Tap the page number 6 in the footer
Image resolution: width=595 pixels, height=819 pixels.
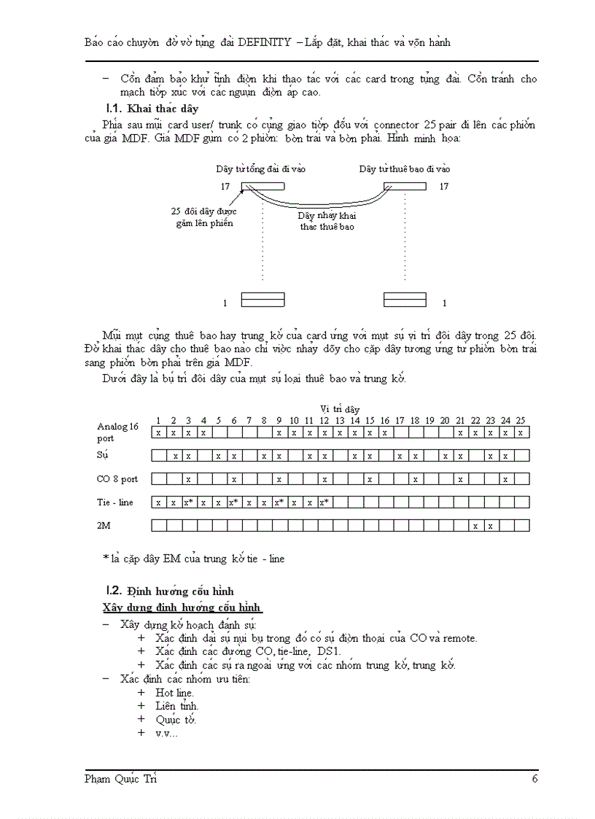tap(535, 779)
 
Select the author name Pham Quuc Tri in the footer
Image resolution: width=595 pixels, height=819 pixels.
tap(120, 779)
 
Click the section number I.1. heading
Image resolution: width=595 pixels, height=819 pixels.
tap(114, 109)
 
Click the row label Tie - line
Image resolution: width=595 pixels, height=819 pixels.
tap(115, 502)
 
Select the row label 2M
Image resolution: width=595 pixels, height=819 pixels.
tap(104, 525)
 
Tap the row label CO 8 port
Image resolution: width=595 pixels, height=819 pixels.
tap(117, 479)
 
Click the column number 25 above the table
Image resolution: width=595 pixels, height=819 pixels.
tap(521, 421)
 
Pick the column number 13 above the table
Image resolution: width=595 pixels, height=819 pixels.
tap(339, 421)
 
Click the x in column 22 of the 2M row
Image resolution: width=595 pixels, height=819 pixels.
tap(475, 526)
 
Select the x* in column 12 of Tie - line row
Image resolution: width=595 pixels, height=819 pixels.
tap(324, 502)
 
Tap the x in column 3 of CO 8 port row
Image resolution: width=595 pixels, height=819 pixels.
tap(188, 479)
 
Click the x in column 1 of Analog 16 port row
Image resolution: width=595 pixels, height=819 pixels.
tap(158, 432)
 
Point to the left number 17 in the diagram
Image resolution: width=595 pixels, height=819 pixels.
tap(225, 187)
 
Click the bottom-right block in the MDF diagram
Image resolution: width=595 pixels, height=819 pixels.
tap(405, 300)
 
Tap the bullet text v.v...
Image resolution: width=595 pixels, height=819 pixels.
tap(166, 733)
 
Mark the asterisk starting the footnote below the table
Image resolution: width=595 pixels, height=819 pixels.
tap(106, 559)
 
